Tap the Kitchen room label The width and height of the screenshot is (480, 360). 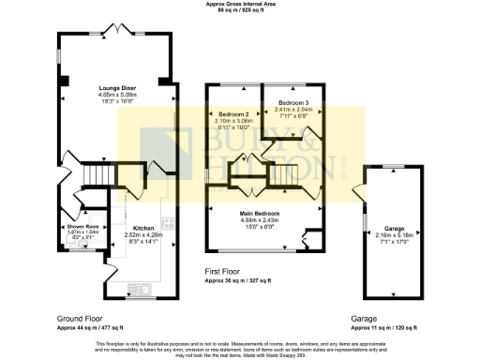(142, 229)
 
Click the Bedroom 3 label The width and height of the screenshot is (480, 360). (292, 101)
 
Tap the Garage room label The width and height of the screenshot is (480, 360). (393, 228)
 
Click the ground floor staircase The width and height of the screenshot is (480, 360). (97, 176)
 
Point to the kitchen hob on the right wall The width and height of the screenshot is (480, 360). (169, 224)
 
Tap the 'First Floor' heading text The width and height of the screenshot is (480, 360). (226, 272)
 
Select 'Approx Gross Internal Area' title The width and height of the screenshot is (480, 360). (239, 5)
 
